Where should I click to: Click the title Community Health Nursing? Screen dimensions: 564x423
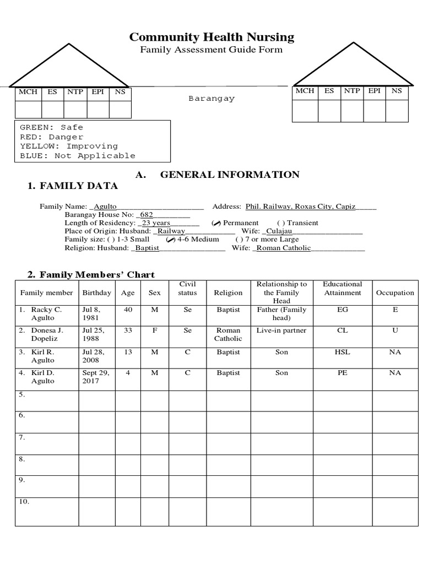[211, 37]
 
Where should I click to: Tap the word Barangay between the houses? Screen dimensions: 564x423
[211, 99]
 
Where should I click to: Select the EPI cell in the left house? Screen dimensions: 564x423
[97, 92]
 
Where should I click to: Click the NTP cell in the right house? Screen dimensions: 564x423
[351, 91]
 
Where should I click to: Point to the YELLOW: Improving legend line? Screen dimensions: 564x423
[69, 147]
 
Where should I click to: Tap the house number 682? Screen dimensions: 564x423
[147, 215]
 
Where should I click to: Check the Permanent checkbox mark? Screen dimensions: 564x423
[216, 223]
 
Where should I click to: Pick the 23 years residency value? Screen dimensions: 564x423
[156, 223]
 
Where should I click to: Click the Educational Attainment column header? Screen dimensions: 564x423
[343, 289]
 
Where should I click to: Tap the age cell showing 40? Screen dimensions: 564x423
[128, 310]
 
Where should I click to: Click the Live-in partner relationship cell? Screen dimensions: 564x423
[281, 331]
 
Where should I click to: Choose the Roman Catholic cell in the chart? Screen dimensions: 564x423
[228, 335]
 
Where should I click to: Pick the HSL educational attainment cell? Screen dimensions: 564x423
[343, 352]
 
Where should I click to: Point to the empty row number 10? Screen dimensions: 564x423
[24, 502]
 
